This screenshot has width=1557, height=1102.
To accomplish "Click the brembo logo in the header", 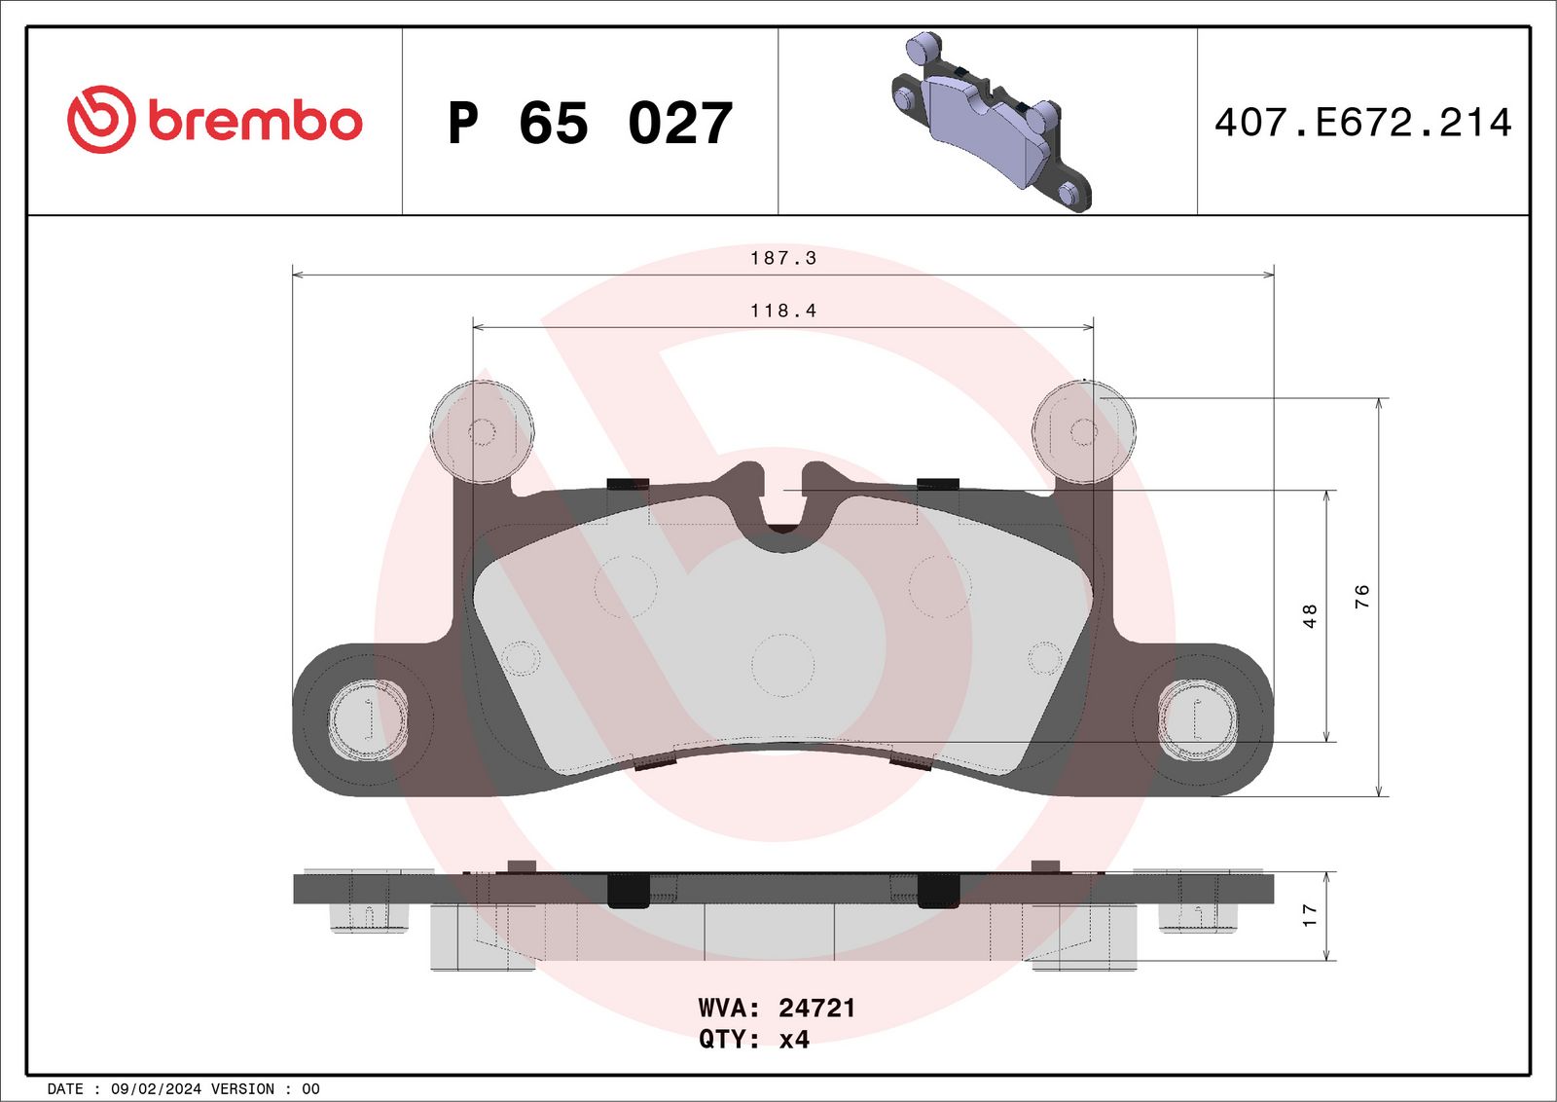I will pyautogui.click(x=214, y=120).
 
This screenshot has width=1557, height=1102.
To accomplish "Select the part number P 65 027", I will pyautogui.click(x=590, y=124).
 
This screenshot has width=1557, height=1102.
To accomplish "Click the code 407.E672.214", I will pyautogui.click(x=1362, y=123).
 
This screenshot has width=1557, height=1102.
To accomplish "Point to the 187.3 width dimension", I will pyautogui.click(x=782, y=258).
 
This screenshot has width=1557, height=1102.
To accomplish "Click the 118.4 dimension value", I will pyautogui.click(x=782, y=311).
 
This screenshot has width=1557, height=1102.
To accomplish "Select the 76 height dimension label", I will pyautogui.click(x=1361, y=596).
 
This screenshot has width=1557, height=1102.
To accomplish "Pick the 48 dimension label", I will pyautogui.click(x=1310, y=615).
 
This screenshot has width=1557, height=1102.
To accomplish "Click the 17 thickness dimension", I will pyautogui.click(x=1310, y=914).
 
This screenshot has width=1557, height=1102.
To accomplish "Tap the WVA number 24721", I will pyautogui.click(x=816, y=1008).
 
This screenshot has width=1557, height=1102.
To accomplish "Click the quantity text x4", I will pyautogui.click(x=794, y=1040).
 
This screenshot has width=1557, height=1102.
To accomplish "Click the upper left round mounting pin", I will pyautogui.click(x=482, y=431).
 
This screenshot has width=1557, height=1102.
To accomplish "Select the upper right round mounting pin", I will pyautogui.click(x=1083, y=431).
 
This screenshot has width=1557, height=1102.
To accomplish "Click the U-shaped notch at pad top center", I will pyautogui.click(x=782, y=506).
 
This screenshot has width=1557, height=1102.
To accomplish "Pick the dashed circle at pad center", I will pyautogui.click(x=782, y=665).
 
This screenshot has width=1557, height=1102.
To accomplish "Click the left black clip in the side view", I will pyautogui.click(x=628, y=890).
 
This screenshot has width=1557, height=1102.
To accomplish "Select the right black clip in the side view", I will pyautogui.click(x=938, y=890).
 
